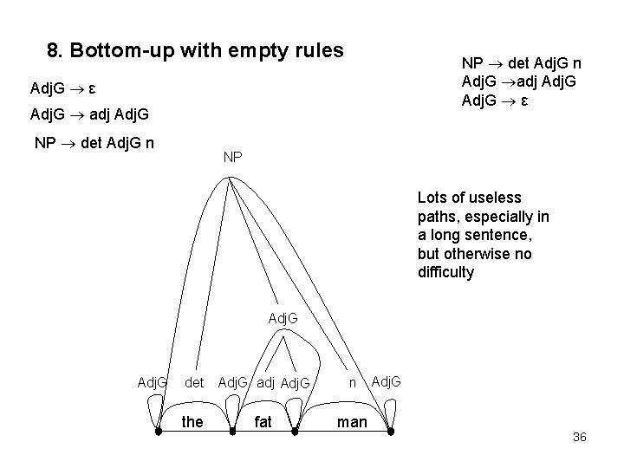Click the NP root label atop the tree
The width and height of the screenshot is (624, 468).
(232, 158)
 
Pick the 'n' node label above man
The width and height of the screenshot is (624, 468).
(353, 380)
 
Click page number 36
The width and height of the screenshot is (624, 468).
(580, 437)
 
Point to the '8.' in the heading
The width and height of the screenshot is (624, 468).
(55, 50)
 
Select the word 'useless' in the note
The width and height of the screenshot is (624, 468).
(497, 198)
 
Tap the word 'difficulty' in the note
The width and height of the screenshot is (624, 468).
(448, 272)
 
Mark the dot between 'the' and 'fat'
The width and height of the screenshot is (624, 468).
(231, 431)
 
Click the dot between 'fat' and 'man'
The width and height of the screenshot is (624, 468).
(296, 431)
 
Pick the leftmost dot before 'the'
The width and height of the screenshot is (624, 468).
(158, 431)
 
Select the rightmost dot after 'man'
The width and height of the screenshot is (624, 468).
(392, 431)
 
